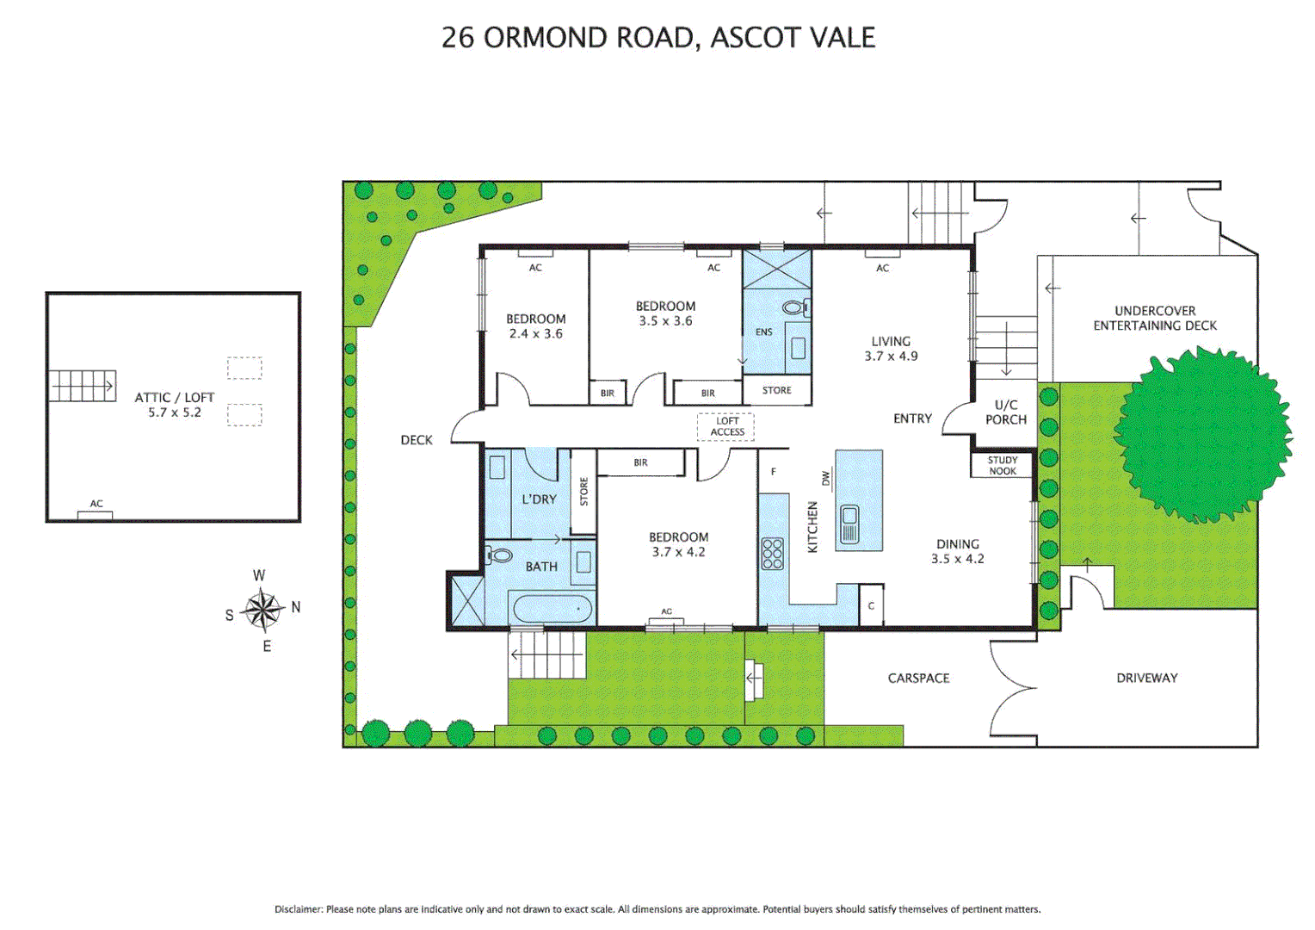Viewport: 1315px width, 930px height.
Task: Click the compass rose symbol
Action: click(262, 610)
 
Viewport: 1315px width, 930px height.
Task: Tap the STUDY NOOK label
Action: click(1003, 466)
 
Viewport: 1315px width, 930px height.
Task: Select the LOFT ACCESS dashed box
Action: click(726, 427)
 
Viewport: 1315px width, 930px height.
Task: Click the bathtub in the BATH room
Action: click(551, 609)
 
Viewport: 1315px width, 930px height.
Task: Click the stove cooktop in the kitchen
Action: click(772, 554)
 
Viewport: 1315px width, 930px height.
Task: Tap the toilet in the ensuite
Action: click(793, 307)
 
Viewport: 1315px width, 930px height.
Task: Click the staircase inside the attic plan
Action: click(82, 386)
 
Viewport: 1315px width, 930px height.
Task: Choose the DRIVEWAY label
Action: click(1146, 679)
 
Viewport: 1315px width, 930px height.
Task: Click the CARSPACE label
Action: click(918, 679)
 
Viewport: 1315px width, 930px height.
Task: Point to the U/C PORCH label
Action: click(1005, 412)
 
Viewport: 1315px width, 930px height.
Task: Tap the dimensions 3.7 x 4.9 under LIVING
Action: click(891, 356)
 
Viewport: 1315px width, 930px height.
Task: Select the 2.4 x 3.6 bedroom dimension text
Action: click(535, 334)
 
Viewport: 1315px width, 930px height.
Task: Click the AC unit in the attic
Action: click(96, 514)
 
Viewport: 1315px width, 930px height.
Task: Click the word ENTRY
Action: click(912, 418)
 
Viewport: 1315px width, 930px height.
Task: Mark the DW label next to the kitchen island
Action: click(826, 477)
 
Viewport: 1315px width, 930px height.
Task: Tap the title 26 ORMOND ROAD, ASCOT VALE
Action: click(657, 38)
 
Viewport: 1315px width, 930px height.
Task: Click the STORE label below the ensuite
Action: click(776, 391)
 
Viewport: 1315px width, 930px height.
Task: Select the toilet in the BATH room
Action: click(498, 556)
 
